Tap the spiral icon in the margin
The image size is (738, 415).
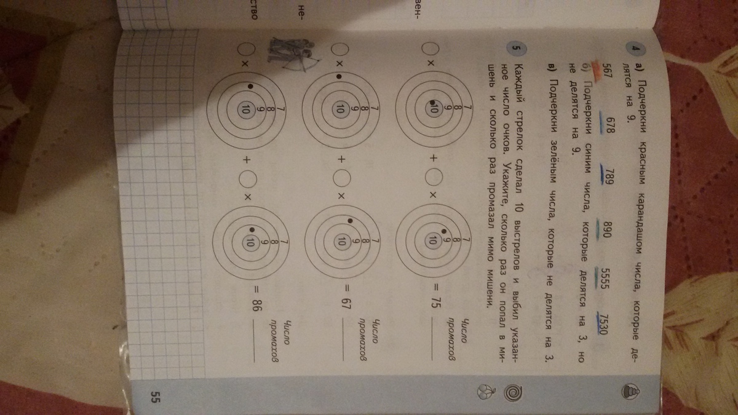pos(514,393)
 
